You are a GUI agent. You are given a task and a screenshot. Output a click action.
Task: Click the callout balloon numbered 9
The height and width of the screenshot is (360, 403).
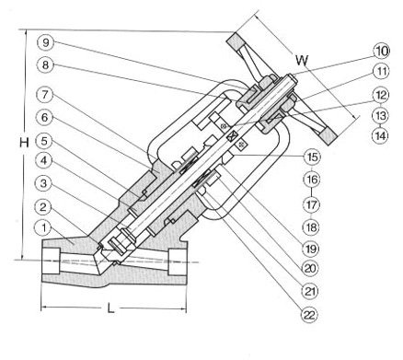[45, 42]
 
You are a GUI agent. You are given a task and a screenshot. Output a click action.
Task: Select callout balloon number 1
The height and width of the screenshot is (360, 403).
[44, 228]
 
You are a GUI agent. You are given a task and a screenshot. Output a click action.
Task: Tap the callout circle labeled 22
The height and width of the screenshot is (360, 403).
[309, 315]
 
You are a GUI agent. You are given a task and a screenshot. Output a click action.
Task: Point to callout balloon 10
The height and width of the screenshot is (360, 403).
[382, 51]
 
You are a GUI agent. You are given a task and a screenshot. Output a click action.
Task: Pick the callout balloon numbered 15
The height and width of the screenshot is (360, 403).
[312, 157]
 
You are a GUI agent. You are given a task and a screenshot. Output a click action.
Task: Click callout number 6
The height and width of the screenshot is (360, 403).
[44, 118]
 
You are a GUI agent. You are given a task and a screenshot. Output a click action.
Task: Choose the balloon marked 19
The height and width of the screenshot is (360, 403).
[311, 249]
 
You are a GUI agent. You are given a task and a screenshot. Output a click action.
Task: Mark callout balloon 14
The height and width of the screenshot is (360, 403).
[380, 135]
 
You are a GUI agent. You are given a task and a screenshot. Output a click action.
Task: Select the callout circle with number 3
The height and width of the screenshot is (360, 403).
[44, 183]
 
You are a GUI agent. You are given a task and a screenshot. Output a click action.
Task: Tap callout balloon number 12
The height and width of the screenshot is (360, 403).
[381, 95]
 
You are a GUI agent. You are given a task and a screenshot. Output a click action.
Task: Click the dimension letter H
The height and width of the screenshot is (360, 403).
[24, 143]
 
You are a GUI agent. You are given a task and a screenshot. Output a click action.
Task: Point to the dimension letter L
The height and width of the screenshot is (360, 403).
[110, 308]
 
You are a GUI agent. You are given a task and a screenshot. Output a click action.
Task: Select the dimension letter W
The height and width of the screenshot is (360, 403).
[302, 60]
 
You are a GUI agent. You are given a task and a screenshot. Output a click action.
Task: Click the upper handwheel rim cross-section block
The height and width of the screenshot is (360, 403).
[236, 42]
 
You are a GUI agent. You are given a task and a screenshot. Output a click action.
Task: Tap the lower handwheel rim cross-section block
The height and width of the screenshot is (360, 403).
[328, 135]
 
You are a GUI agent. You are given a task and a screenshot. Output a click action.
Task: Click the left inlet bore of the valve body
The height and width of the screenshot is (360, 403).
[50, 261]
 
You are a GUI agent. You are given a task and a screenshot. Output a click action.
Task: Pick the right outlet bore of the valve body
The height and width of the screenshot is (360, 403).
[178, 261]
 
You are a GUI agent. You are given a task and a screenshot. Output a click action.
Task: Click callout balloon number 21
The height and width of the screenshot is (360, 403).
[310, 291]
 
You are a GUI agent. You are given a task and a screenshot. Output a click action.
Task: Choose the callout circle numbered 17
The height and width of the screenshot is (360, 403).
[311, 204]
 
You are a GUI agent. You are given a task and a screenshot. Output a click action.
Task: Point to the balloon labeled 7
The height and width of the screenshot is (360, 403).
[45, 95]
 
